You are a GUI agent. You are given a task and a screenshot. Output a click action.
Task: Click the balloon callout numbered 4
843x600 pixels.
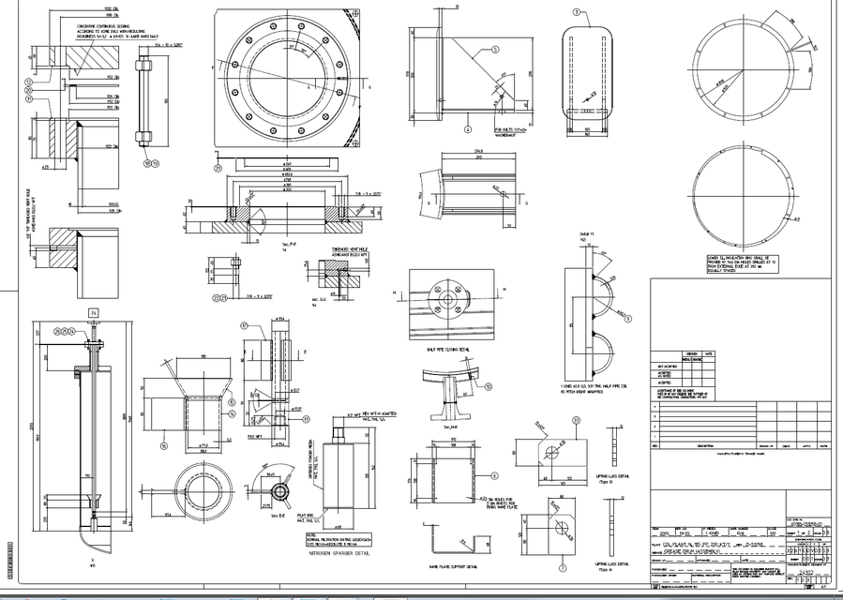[466, 129]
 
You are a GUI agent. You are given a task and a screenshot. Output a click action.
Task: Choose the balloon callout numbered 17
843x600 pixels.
[243, 326]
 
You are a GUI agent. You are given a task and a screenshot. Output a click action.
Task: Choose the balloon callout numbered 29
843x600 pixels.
[218, 169]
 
